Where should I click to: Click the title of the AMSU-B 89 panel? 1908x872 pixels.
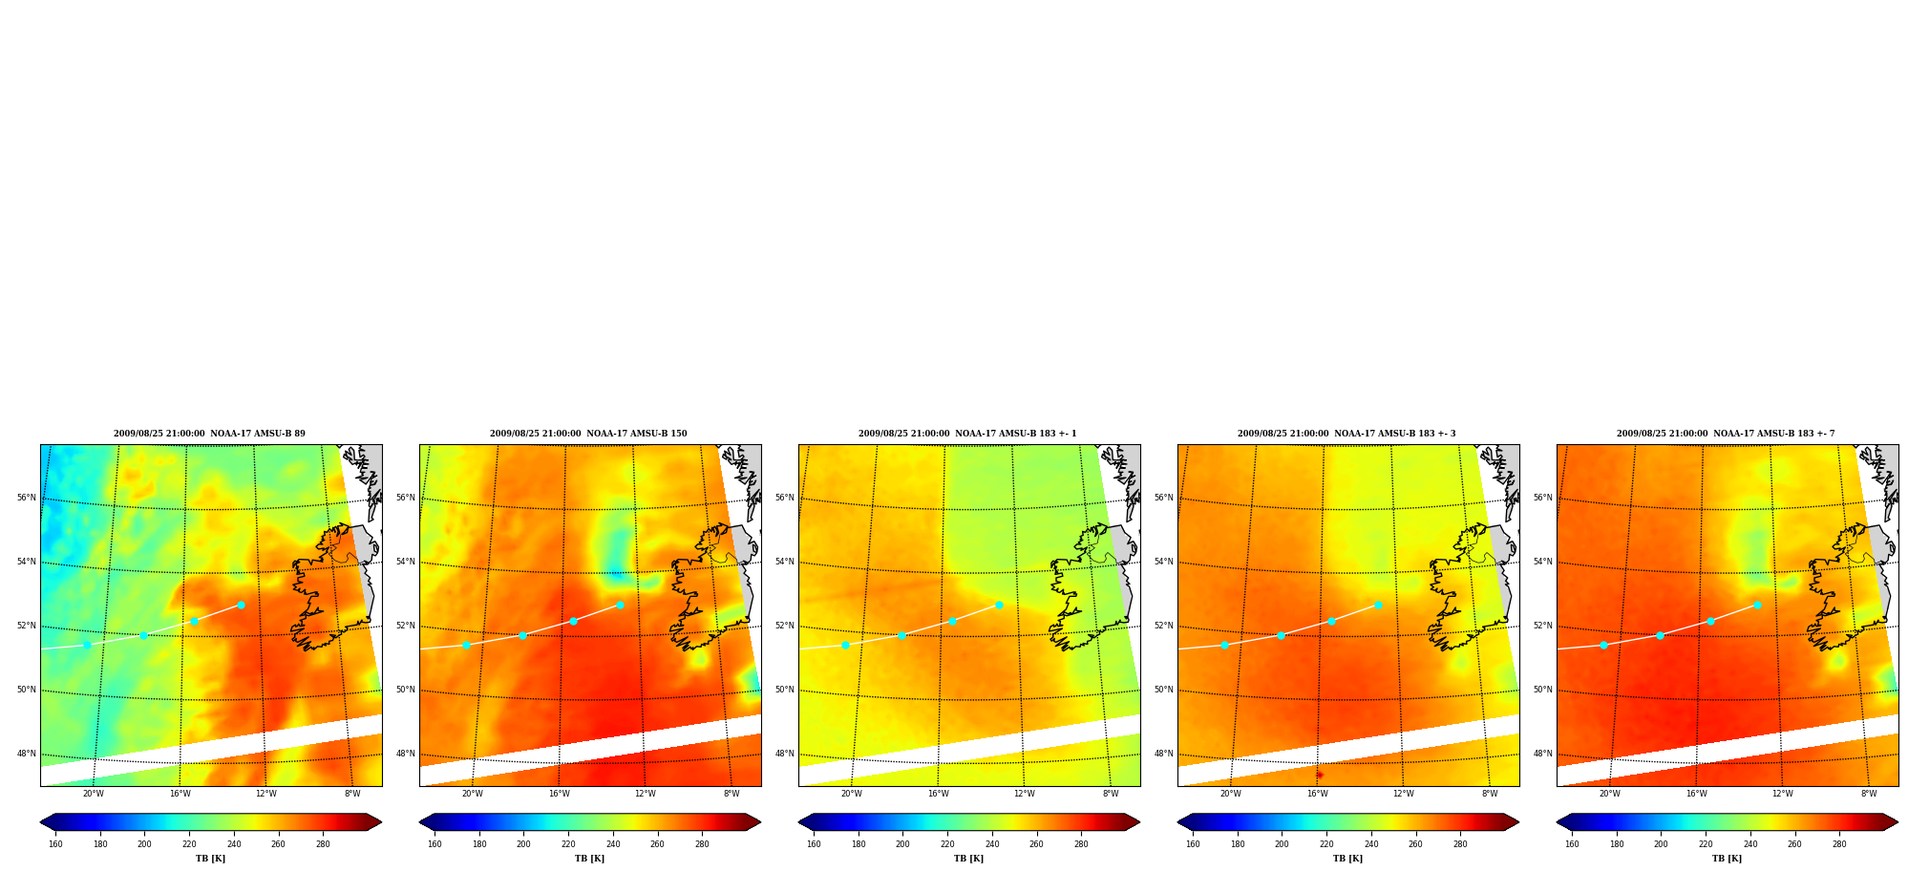[209, 434]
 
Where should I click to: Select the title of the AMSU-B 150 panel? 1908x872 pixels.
[588, 434]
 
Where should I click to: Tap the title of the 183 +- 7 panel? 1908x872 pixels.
[1726, 434]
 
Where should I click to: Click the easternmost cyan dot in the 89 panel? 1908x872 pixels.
[241, 605]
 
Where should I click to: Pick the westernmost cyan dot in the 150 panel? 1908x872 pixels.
[466, 645]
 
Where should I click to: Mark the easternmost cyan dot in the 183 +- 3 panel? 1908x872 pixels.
[1378, 605]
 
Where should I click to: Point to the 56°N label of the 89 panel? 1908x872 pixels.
[26, 498]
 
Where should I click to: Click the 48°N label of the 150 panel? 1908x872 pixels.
[405, 754]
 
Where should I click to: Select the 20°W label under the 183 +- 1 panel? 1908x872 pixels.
[851, 794]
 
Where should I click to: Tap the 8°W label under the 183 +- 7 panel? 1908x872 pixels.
[1869, 794]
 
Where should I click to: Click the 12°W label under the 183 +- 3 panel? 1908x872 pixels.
[1403, 794]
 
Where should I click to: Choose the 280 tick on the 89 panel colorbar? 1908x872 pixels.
[323, 844]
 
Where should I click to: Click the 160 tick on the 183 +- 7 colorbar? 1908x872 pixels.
[1572, 844]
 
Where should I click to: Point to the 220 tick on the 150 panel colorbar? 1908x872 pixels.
[568, 844]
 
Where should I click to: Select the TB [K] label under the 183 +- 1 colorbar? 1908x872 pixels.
[968, 859]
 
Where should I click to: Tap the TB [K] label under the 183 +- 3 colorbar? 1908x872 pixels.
[1347, 859]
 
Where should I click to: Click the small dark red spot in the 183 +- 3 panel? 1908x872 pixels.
[1320, 775]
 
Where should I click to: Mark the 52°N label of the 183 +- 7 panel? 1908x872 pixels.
[1542, 626]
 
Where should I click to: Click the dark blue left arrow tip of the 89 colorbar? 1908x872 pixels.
[41, 822]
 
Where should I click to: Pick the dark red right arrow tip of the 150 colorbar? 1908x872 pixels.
[760, 822]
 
